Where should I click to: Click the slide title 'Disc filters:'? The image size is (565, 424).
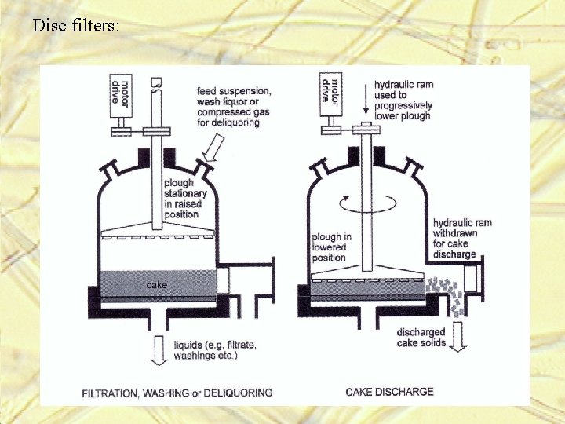[x=76, y=26]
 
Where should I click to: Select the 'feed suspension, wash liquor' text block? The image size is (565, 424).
[x=234, y=106]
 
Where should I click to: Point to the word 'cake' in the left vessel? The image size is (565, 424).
[x=157, y=284]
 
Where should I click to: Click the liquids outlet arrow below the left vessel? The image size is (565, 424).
[x=159, y=349]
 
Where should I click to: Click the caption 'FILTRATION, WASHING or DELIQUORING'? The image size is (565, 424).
[x=177, y=392]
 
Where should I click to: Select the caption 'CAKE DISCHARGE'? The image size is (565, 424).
[x=389, y=391]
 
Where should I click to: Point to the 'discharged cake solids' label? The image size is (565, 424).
[x=421, y=337]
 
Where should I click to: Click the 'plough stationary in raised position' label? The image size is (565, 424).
[x=185, y=199]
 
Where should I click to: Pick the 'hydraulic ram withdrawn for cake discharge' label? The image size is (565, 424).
[x=462, y=238]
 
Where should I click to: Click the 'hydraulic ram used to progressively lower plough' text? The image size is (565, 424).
[x=403, y=101]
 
